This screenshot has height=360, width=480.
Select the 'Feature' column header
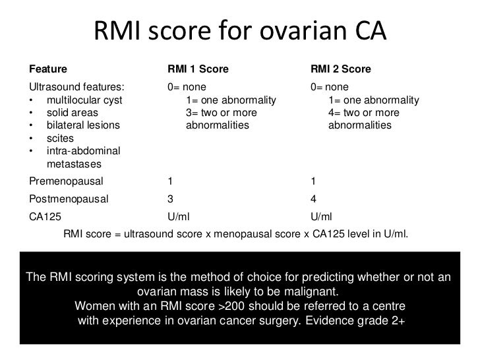click(47, 69)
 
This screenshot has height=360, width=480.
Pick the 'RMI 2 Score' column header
click(341, 69)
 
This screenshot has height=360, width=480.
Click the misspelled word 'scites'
click(61, 138)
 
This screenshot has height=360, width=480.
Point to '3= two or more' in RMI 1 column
click(221, 113)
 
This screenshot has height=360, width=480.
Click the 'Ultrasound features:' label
click(75, 87)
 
